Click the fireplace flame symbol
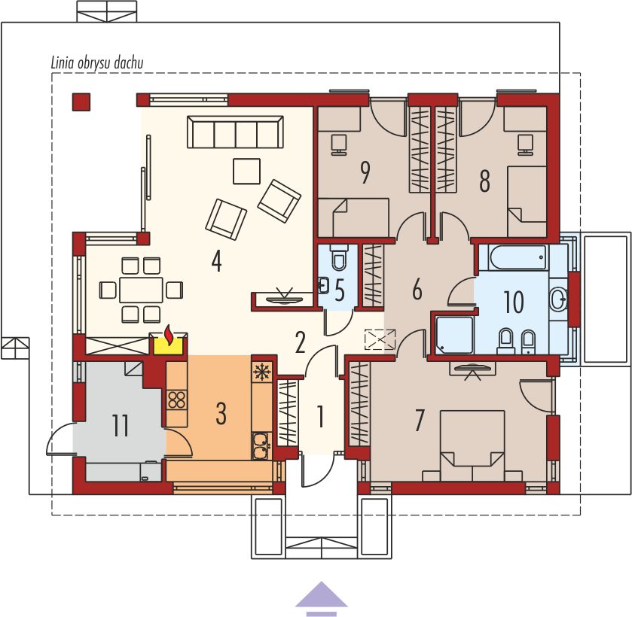(169, 335)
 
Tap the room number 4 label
(216, 261)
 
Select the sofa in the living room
(235, 132)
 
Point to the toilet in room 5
(339, 257)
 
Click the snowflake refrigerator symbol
(262, 371)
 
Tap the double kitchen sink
(261, 445)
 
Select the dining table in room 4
(141, 290)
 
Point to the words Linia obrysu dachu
(97, 62)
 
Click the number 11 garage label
(120, 426)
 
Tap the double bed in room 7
(472, 446)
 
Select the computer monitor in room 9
(338, 144)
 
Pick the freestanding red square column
(81, 102)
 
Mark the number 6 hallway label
(417, 289)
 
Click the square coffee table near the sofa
(246, 171)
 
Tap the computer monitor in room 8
(526, 144)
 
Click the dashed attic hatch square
(380, 339)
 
